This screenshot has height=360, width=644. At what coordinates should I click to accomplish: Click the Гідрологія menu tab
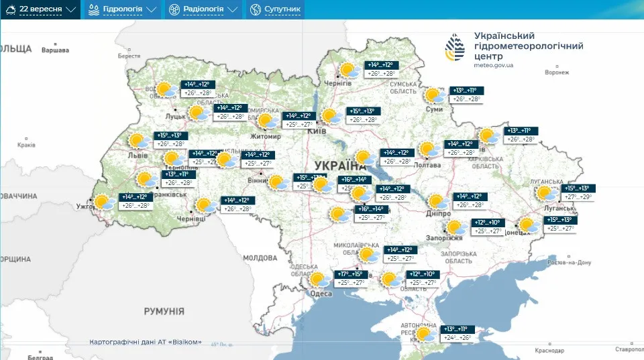pyautogui.click(x=122, y=9)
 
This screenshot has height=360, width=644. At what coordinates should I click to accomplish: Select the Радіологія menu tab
pyautogui.click(x=203, y=9)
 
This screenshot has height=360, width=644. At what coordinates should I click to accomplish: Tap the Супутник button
pyautogui.click(x=276, y=9)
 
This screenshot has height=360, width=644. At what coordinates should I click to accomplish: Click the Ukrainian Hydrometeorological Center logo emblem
pyautogui.click(x=456, y=48)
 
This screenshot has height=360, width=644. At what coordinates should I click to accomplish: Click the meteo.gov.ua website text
pyautogui.click(x=494, y=65)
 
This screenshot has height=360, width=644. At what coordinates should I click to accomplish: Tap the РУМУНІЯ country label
pyautogui.click(x=164, y=311)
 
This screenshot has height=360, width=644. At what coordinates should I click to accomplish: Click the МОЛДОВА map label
pyautogui.click(x=260, y=257)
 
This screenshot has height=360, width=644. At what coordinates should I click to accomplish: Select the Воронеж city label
pyautogui.click(x=557, y=72)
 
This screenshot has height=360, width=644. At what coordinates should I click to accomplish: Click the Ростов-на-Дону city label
pyautogui.click(x=571, y=262)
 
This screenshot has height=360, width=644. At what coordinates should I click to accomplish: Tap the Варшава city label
pyautogui.click(x=55, y=50)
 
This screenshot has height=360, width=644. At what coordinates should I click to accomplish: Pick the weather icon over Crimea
pyautogui.click(x=424, y=334)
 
